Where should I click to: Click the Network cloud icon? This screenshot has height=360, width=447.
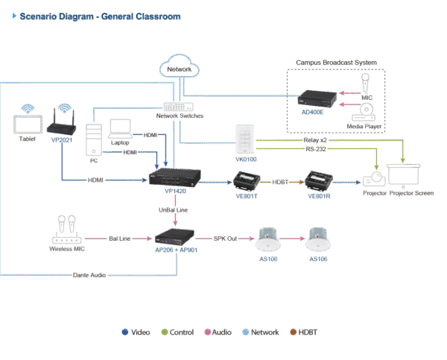click(x=173, y=66)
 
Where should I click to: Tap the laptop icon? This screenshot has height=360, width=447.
click(x=120, y=127)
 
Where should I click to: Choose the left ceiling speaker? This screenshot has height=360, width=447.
click(x=267, y=241)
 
